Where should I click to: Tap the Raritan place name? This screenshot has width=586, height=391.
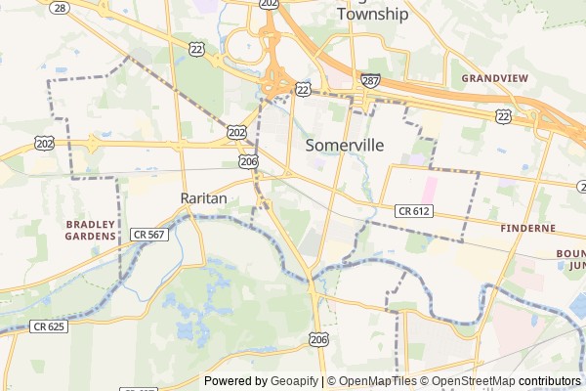[x=204, y=197]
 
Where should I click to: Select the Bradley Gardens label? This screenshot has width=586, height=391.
[x=91, y=230]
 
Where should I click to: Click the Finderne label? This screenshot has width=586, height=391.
[x=526, y=228]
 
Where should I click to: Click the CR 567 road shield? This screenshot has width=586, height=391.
[x=150, y=235]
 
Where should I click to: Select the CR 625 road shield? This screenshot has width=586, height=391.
[x=48, y=326]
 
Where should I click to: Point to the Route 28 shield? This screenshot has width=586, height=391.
[x=61, y=7]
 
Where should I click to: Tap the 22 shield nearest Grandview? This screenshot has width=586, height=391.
[x=504, y=115]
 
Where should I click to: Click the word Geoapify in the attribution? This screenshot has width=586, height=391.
[x=295, y=381]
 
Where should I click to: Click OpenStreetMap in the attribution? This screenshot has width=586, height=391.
[x=473, y=381]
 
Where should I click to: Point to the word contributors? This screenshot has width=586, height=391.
[x=549, y=381]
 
